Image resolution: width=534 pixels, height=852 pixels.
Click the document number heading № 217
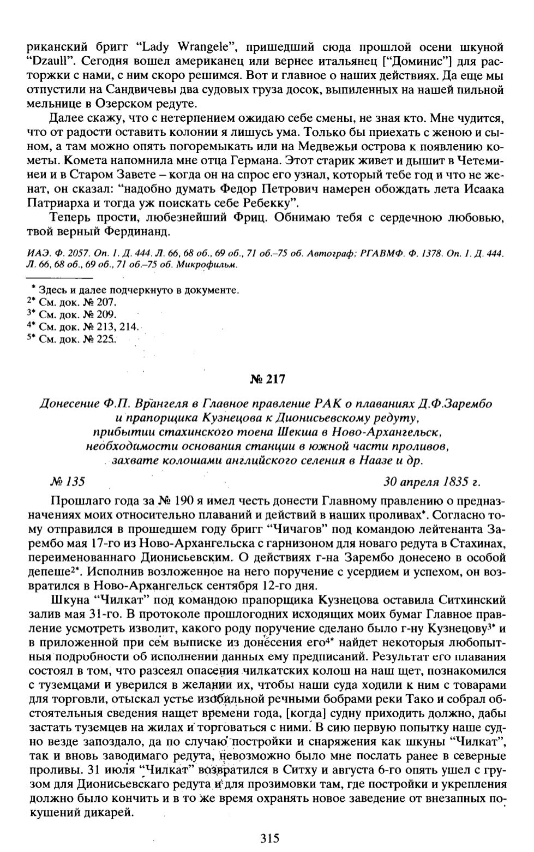(267, 379)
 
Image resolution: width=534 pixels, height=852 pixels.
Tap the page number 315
(270, 838)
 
